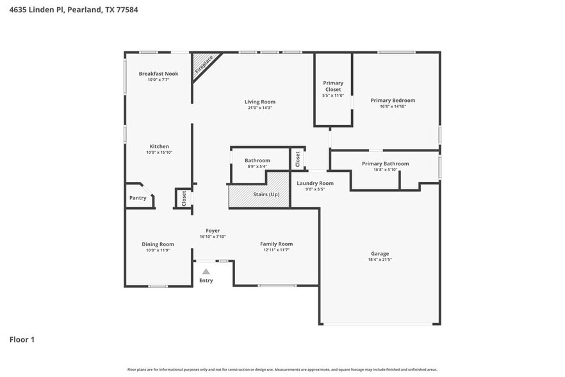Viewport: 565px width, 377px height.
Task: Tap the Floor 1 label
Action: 22,339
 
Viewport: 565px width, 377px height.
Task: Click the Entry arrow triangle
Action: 206,272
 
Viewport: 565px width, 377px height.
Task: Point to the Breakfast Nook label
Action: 158,74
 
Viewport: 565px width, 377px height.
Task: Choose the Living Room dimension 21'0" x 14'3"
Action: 259,108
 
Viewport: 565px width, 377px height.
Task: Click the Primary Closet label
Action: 332,86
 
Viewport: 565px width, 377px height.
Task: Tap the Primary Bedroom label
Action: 393,100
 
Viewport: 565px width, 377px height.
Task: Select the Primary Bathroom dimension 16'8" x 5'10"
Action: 385,170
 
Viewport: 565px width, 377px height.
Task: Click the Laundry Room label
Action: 315,183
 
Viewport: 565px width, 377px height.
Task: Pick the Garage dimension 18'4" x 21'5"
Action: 379,260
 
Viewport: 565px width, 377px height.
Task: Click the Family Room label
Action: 276,244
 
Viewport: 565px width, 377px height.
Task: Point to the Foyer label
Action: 213,231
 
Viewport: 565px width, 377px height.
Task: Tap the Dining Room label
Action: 158,244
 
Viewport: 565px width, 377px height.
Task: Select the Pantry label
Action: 138,198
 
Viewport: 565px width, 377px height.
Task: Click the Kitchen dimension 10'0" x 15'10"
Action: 159,153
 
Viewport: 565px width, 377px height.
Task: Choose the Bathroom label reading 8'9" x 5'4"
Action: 257,166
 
